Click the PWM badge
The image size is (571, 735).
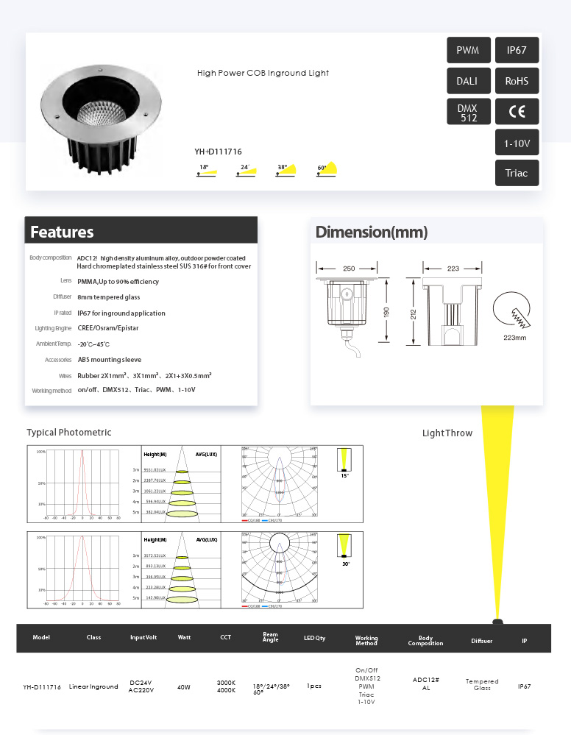click(468, 50)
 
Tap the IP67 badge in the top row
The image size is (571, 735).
click(517, 50)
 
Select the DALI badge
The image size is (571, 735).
click(468, 81)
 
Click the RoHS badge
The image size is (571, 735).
click(517, 81)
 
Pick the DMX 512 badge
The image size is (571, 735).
click(468, 112)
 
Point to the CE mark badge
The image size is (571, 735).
click(517, 112)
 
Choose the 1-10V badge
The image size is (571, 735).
click(517, 142)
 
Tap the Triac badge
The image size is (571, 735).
click(517, 173)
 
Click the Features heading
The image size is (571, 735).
click(62, 232)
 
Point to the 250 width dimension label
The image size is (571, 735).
click(350, 269)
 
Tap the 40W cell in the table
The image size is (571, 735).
click(184, 686)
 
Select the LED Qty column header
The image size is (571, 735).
click(314, 637)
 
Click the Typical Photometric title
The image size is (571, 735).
click(69, 433)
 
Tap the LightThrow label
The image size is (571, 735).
click(447, 433)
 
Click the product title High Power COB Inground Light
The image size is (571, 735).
click(263, 73)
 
